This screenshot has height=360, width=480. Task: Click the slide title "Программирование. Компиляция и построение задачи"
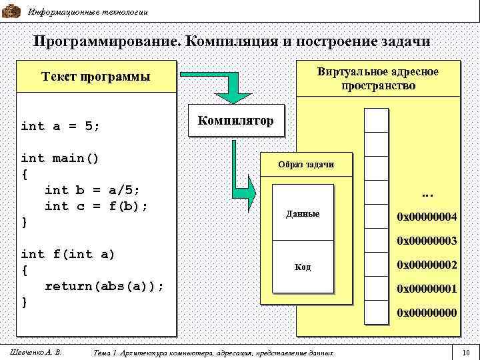click(x=232, y=41)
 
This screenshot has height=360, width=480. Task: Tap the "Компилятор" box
click(x=235, y=121)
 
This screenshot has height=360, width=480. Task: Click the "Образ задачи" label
click(x=307, y=165)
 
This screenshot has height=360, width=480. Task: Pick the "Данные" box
click(x=302, y=214)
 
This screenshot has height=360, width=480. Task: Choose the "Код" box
click(x=302, y=267)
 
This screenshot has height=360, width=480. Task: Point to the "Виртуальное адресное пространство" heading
click(x=378, y=79)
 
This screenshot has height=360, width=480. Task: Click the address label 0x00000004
click(x=427, y=217)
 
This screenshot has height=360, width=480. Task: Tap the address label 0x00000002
click(x=427, y=265)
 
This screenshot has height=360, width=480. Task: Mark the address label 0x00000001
click(x=427, y=289)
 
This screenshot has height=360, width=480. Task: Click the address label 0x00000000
click(x=427, y=312)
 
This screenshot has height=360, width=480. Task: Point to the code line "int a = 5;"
click(x=61, y=126)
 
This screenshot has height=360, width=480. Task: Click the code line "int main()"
click(x=60, y=158)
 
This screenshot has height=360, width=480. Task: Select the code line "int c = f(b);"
click(x=95, y=206)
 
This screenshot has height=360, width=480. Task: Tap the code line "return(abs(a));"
click(x=103, y=286)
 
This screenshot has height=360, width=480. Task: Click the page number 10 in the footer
click(x=466, y=352)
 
